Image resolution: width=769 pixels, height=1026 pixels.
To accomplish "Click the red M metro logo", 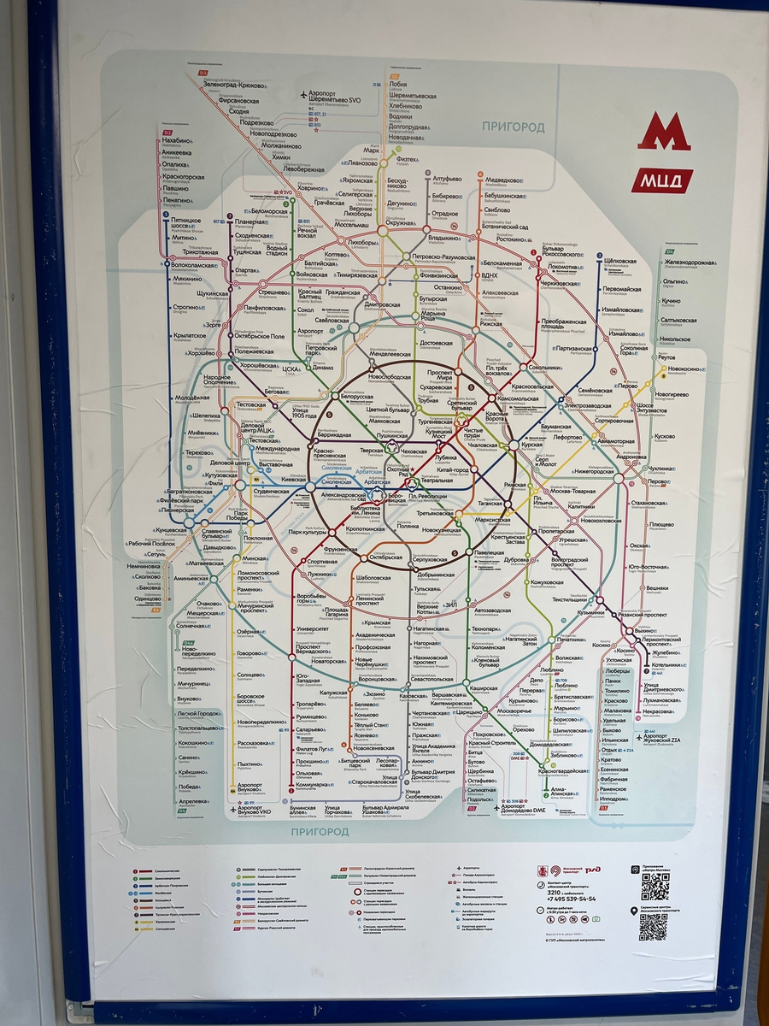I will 664,132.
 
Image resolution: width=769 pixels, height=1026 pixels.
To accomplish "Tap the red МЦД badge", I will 662,181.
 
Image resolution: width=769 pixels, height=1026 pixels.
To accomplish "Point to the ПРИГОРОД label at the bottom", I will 320,831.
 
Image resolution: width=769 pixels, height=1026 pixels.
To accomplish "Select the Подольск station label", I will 480,799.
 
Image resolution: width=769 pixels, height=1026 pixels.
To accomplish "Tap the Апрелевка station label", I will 192,801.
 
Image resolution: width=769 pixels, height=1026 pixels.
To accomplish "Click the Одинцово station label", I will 147,598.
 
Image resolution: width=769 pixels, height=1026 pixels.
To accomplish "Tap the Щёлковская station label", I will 620,260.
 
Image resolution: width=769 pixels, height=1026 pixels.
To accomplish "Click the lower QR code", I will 653,927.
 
